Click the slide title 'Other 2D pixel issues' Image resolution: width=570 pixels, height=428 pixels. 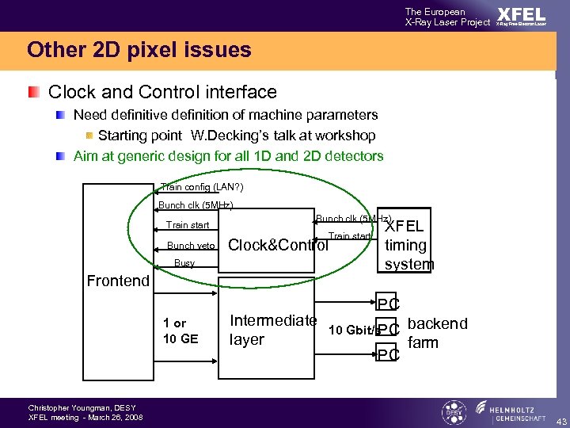(x=139, y=51)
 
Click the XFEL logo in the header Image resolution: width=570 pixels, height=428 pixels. (x=521, y=16)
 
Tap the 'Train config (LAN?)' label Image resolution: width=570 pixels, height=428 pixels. (x=202, y=187)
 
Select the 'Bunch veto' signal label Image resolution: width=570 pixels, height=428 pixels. (x=191, y=246)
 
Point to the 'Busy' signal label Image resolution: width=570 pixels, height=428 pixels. (x=184, y=263)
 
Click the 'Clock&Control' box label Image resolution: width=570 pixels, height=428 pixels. (x=278, y=245)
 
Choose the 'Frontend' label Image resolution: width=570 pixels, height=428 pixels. (x=118, y=281)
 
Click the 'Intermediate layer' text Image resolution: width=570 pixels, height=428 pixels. (x=272, y=330)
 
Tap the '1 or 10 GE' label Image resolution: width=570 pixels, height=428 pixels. (x=180, y=331)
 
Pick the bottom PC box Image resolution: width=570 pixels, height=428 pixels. (x=388, y=354)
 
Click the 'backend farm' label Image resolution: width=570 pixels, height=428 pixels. (x=437, y=333)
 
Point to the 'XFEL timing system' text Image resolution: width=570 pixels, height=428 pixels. (x=408, y=245)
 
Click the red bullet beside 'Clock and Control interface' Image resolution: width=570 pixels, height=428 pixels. (x=32, y=93)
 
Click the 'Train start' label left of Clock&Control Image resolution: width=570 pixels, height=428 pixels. (x=188, y=225)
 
